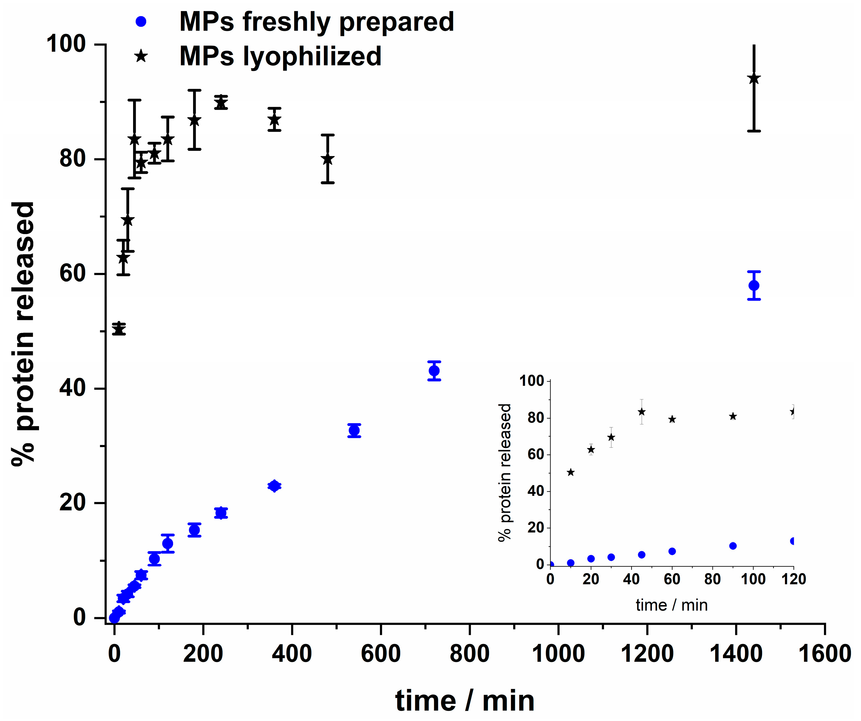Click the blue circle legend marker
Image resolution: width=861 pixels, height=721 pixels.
pos(141,22)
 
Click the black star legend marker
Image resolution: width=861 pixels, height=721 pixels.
pos(141,56)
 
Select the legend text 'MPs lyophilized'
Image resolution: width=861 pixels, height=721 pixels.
pos(281,56)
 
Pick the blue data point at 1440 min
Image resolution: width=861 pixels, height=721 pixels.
pos(753,285)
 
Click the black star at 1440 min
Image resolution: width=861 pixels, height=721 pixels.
pos(753,79)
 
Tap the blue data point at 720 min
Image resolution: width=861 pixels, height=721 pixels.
pos(434,371)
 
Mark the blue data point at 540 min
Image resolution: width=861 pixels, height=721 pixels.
pos(354,430)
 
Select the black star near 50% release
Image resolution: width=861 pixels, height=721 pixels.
pos(119,329)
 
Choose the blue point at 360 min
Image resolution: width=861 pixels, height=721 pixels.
pos(274,486)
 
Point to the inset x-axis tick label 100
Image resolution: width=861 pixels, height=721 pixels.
pos(753,579)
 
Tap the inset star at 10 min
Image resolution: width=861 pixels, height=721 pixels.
pos(570,472)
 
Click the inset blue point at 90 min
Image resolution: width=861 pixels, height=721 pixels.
pos(733,546)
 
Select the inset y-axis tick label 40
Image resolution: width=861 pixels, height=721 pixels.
pos(535,491)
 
